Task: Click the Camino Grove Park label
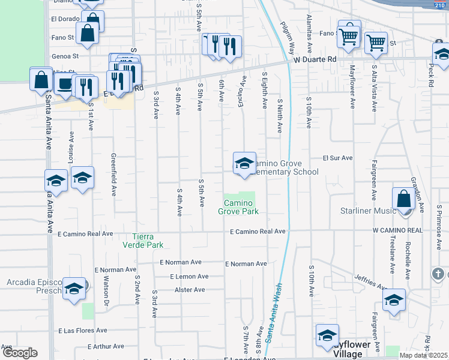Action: (238, 208)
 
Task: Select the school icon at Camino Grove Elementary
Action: (244, 163)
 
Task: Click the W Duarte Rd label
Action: (315, 60)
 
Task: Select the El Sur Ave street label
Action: (337, 158)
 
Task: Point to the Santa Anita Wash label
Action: (274, 314)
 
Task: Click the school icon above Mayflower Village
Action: (327, 335)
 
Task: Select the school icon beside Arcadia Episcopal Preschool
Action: (74, 289)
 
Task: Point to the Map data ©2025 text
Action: (423, 356)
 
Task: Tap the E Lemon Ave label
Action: (188, 277)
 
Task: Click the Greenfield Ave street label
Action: (113, 175)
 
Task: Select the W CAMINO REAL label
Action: (397, 230)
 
